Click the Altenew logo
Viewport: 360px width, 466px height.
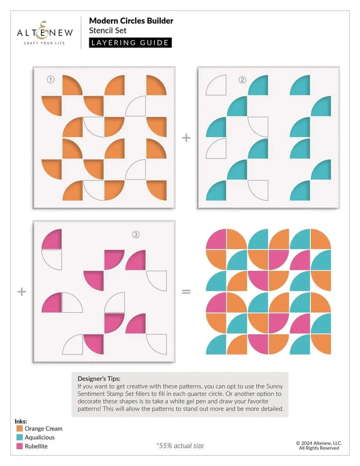tap(45, 32)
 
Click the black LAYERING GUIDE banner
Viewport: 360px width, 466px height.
tap(130, 43)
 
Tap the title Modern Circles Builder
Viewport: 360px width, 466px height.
tap(131, 21)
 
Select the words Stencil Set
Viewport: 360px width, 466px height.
tap(107, 30)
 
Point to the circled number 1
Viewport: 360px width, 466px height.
tap(50, 79)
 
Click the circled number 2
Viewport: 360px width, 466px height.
tap(242, 79)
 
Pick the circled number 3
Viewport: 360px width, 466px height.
tap(136, 234)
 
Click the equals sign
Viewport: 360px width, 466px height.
tap(186, 291)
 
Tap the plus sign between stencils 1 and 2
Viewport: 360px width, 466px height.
tap(186, 138)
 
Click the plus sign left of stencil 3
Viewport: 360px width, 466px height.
tap(22, 291)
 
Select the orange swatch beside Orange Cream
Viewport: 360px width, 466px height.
tap(20, 429)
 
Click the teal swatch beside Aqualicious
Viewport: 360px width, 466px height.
tap(20, 437)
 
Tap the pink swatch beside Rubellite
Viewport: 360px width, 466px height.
tap(20, 446)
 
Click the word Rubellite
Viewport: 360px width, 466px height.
tap(36, 446)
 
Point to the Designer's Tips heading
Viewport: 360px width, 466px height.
tap(99, 378)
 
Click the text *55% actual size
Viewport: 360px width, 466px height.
tap(180, 446)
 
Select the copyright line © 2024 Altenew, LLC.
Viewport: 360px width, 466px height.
tap(319, 443)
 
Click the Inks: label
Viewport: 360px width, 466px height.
tap(21, 421)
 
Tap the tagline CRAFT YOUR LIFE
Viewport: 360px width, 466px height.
tap(44, 43)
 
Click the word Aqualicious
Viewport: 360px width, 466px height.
tap(40, 437)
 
